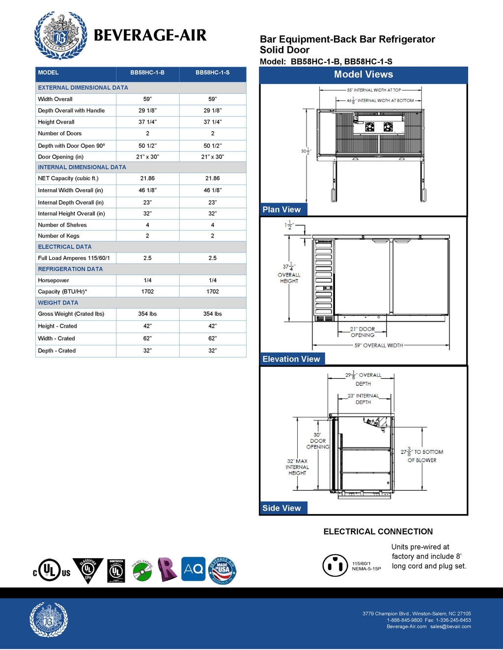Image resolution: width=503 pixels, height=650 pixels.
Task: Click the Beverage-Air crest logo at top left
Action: coord(60,35)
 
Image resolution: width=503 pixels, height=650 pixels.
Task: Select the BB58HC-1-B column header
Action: coord(147,73)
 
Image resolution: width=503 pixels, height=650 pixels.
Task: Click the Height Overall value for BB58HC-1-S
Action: coord(212,122)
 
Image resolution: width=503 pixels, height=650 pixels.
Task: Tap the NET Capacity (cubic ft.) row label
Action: coord(68,179)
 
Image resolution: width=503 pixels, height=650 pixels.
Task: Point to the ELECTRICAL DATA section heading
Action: coord(65,247)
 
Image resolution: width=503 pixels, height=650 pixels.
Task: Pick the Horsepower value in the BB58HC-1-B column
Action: coord(147,281)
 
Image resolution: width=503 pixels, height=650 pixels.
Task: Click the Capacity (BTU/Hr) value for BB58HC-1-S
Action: coord(212,291)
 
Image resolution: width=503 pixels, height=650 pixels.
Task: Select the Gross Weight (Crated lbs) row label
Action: coord(71,314)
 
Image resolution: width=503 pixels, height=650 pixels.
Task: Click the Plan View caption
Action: coord(281,209)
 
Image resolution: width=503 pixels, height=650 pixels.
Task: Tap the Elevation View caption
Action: coord(291,359)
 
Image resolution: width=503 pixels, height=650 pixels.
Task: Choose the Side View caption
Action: coord(281,508)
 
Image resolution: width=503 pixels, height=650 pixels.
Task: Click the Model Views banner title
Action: coord(363,75)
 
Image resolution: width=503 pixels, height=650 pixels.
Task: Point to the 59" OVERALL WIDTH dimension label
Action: coord(379,345)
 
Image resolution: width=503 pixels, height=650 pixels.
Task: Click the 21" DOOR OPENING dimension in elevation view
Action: coord(363,332)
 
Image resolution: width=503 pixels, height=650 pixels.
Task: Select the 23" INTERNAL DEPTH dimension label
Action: coord(363,399)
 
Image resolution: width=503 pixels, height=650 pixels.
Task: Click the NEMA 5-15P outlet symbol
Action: coord(335,566)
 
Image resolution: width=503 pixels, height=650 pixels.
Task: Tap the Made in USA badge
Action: coord(223,570)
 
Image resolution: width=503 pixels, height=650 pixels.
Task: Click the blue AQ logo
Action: coord(193,569)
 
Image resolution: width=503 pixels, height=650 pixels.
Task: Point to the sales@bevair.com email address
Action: coord(450,626)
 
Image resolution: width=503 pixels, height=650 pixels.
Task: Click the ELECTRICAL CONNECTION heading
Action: coord(378,532)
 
